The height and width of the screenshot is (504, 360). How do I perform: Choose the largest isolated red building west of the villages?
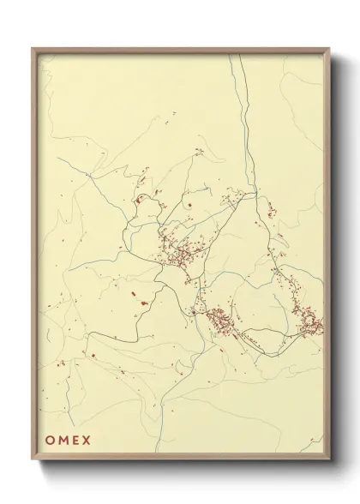[x=144, y=303]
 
